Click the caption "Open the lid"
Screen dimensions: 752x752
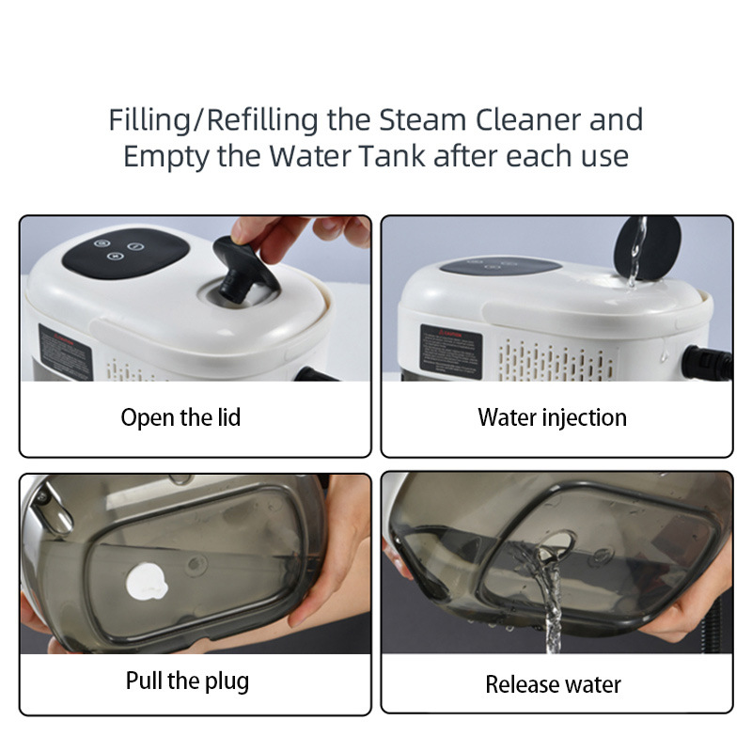[180, 417]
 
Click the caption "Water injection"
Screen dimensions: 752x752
[552, 417]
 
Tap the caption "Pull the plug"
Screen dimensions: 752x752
[187, 681]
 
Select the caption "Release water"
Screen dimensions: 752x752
[553, 684]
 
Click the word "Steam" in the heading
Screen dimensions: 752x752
[422, 119]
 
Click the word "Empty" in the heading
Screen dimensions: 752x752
[166, 157]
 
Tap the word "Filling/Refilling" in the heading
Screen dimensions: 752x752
[213, 120]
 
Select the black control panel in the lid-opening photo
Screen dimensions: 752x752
[126, 253]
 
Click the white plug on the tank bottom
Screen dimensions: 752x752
[147, 582]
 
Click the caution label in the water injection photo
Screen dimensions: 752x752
[450, 352]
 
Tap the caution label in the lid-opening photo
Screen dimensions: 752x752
[65, 353]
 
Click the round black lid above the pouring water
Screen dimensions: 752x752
[648, 248]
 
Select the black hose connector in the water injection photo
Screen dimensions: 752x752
[707, 363]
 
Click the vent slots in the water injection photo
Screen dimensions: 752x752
[556, 362]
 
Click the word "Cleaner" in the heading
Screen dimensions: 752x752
[527, 119]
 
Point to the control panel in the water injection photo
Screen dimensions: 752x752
[500, 265]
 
